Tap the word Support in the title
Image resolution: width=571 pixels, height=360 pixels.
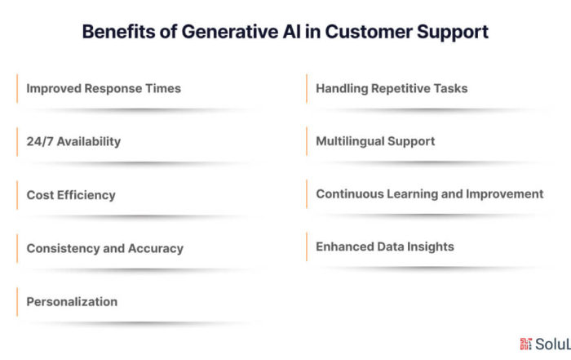tap(452, 33)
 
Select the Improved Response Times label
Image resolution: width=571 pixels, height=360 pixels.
tap(104, 88)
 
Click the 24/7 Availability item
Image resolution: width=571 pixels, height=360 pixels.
tap(73, 141)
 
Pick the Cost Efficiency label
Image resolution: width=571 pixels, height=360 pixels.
tap(71, 195)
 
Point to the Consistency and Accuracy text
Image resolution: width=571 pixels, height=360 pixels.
tap(105, 248)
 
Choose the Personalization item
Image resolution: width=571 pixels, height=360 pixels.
tap(72, 302)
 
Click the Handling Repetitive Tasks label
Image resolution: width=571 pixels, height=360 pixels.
tap(392, 88)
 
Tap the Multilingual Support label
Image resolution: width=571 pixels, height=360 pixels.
tap(375, 141)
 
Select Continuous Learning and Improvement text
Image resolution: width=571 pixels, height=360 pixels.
tap(430, 194)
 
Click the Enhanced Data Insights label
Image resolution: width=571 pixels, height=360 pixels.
tap(385, 247)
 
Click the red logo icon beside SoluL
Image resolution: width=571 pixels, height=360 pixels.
tap(526, 344)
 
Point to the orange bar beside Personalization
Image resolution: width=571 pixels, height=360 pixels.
tap(17, 302)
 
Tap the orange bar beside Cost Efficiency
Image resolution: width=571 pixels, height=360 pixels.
tap(17, 195)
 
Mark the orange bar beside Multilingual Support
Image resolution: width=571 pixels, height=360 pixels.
tap(307, 141)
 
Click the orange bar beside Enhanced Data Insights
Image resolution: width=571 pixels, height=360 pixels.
tap(307, 247)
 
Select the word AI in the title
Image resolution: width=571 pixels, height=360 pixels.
tap(292, 32)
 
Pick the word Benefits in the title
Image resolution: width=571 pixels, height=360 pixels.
tap(119, 32)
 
